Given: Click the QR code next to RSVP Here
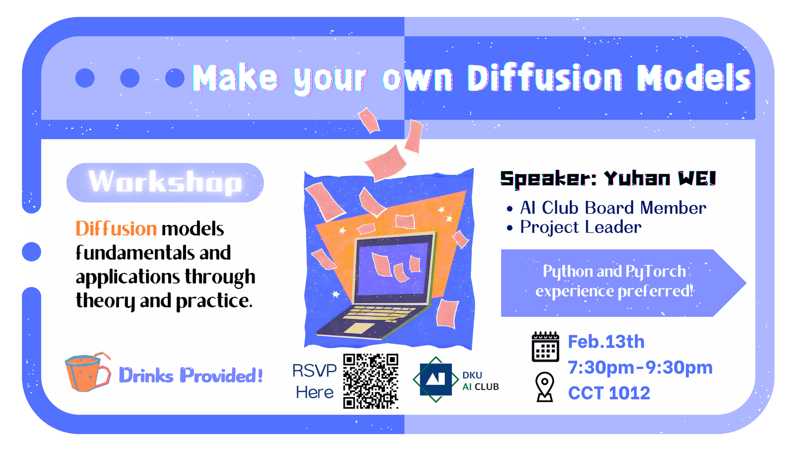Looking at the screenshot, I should (370, 381).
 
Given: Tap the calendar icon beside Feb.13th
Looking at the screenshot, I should (545, 346).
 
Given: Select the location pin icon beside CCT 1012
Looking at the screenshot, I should (544, 387).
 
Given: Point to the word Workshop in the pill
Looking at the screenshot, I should (165, 182).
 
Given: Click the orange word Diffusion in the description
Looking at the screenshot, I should (116, 229).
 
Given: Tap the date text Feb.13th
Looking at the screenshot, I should (606, 342).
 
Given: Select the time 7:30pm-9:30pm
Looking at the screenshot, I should (640, 367).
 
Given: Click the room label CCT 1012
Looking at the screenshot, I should (609, 393).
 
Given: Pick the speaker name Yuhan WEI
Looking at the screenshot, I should (660, 178).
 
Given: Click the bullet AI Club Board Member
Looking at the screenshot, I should (613, 208).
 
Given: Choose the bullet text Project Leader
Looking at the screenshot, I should (581, 227).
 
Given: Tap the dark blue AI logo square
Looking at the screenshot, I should (435, 379).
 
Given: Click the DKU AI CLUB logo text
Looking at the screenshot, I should (480, 381).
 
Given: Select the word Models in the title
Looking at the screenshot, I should (694, 78).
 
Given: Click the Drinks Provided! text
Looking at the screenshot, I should (190, 376).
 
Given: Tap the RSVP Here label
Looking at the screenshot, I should (314, 381).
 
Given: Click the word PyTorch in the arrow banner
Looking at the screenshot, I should (655, 271).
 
